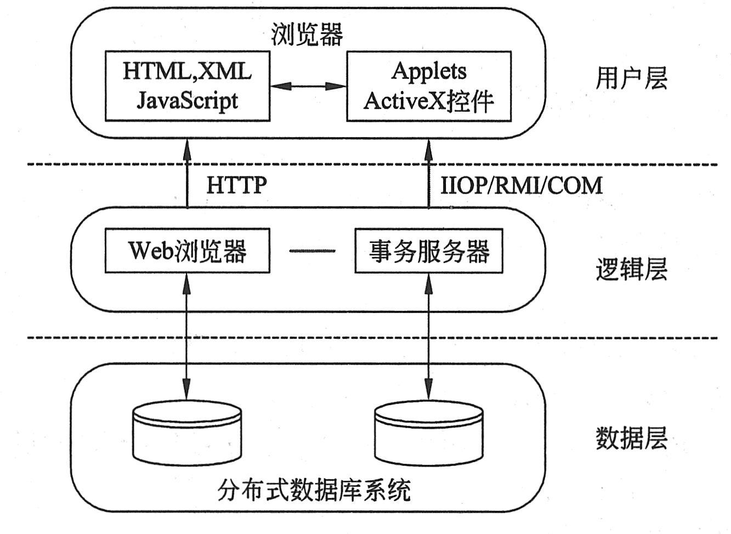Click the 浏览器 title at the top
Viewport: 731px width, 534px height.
pyautogui.click(x=307, y=35)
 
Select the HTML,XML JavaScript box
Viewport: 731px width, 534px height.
pyautogui.click(x=187, y=86)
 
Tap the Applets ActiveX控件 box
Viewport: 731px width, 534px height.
pyautogui.click(x=429, y=86)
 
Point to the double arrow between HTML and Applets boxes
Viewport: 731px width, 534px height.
pyautogui.click(x=308, y=86)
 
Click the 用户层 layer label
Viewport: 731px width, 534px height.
pyautogui.click(x=631, y=78)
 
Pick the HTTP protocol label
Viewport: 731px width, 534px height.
pyautogui.click(x=236, y=185)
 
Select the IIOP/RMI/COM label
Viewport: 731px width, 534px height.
pyautogui.click(x=522, y=185)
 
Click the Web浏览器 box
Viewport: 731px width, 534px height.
pyautogui.click(x=187, y=251)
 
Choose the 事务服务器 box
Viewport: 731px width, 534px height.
pyautogui.click(x=429, y=251)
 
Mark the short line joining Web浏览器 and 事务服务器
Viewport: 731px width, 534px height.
pyautogui.click(x=312, y=251)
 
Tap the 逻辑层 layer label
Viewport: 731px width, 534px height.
pyautogui.click(x=631, y=269)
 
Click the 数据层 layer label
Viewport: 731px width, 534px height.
pyautogui.click(x=631, y=439)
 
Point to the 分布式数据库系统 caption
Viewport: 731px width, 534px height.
pyautogui.click(x=314, y=490)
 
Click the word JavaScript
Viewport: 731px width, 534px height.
pyautogui.click(x=187, y=100)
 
